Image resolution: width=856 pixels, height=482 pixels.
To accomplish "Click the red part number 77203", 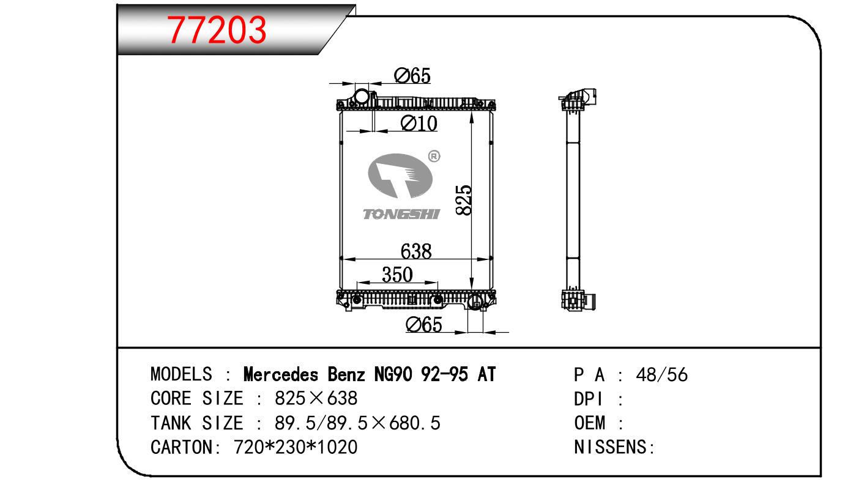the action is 216,30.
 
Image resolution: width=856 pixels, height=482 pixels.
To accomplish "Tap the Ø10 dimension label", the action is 419,124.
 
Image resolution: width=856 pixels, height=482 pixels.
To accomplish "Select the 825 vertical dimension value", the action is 464,200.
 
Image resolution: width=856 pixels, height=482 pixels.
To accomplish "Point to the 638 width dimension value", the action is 416,251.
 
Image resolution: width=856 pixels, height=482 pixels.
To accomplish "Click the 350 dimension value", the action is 398,275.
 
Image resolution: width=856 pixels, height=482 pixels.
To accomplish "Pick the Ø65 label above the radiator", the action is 412,76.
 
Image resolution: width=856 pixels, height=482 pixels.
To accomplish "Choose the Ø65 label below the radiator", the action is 424,325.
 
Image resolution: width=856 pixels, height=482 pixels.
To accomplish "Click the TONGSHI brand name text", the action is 401,214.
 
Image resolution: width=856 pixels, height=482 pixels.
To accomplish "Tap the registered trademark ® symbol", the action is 434,156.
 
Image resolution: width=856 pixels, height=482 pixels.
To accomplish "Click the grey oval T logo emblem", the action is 400,176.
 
